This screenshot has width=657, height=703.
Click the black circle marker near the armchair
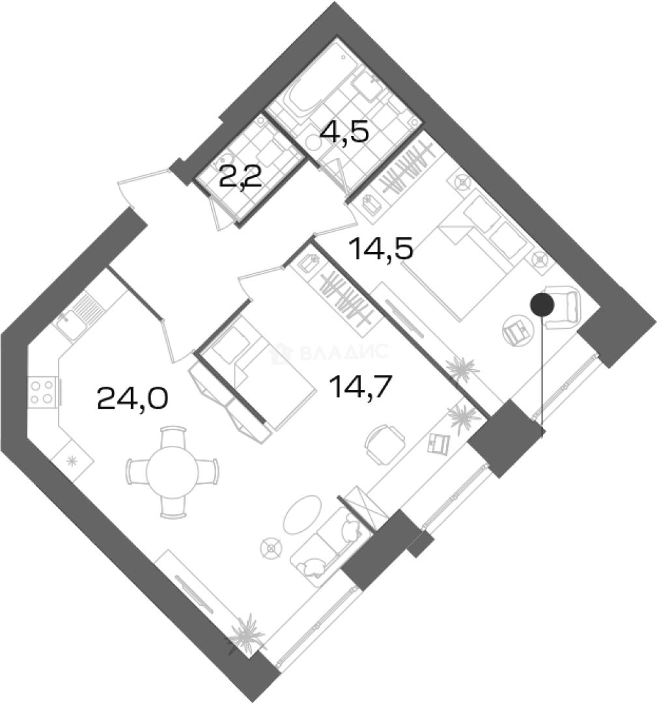click(x=542, y=304)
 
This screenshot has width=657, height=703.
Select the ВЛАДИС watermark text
click(x=335, y=352)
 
